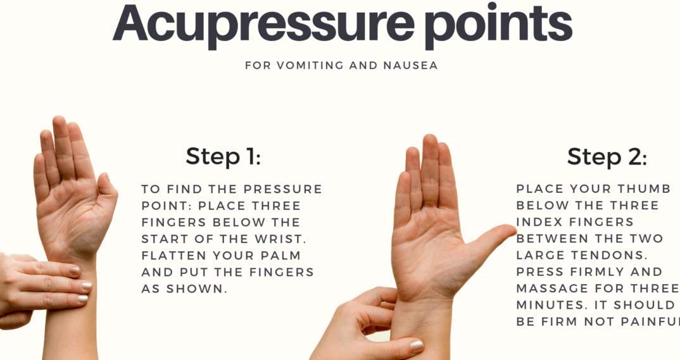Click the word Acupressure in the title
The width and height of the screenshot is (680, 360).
coord(263,25)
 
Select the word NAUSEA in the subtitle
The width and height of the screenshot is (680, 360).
coord(410,65)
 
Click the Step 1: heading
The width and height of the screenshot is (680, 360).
coord(224,156)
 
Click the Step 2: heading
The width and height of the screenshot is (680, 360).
coord(607,156)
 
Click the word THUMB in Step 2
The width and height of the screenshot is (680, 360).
coord(644,189)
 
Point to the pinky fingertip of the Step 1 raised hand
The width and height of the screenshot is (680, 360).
coord(39,159)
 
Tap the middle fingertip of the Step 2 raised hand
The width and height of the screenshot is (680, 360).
coord(430,139)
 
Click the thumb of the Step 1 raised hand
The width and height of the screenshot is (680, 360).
coord(107,190)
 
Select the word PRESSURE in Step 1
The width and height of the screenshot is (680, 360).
coord(283,189)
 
